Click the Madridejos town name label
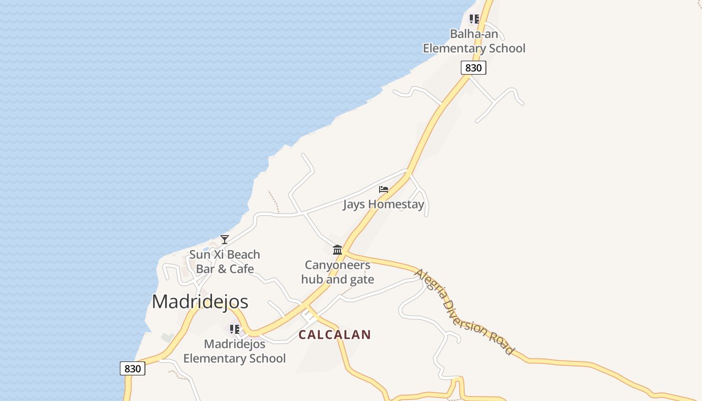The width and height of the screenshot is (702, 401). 200,302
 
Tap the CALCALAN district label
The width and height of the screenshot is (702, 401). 334,335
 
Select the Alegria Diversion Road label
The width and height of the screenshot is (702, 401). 464,312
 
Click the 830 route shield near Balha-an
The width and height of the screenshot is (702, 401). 473,68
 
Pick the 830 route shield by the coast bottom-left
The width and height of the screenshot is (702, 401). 132,368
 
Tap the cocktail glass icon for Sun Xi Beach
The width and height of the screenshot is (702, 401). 225,240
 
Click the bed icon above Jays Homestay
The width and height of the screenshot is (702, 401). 384,189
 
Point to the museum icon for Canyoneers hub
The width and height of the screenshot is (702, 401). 337,250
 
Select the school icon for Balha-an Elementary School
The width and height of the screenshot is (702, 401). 474,20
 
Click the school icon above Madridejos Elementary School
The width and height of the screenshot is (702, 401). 234,329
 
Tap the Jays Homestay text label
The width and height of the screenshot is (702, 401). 384,204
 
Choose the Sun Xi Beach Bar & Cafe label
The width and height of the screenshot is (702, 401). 225,262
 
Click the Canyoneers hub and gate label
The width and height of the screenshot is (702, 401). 337,272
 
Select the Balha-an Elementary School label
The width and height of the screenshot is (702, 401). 474,41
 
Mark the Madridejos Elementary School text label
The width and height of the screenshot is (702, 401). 234,351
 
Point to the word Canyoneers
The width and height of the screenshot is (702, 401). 337,265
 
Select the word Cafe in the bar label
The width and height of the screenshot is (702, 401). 242,269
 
